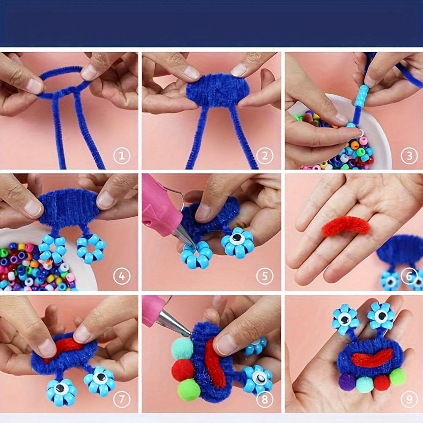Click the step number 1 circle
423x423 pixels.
click(x=122, y=156)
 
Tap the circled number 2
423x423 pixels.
click(x=265, y=156)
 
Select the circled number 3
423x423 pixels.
click(x=409, y=156)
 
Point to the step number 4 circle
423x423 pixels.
click(x=122, y=276)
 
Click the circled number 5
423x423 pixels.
click(x=265, y=276)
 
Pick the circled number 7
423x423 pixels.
click(x=122, y=399)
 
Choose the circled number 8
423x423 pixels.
click(x=265, y=399)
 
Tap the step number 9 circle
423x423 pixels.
click(x=409, y=399)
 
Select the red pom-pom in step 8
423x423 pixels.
click(x=183, y=370)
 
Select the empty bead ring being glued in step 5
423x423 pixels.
click(x=196, y=254)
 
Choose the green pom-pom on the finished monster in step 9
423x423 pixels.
click(x=397, y=376)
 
